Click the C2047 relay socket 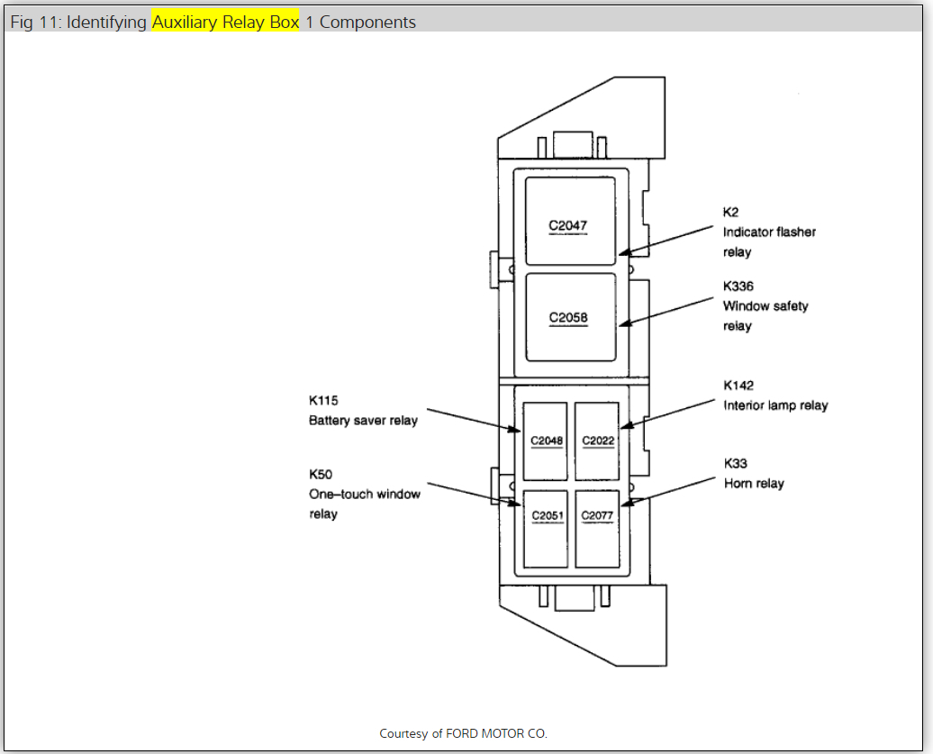[x=570, y=221]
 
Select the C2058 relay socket [x=570, y=317]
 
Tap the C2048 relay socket [x=546, y=441]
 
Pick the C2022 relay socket [x=597, y=441]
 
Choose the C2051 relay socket [x=546, y=528]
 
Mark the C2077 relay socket [x=597, y=528]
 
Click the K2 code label [x=730, y=212]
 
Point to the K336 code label [x=738, y=286]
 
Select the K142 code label [x=738, y=386]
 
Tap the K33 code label [x=735, y=463]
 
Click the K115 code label [x=323, y=400]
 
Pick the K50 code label [x=320, y=474]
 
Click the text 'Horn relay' [x=754, y=484]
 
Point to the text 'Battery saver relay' [x=363, y=421]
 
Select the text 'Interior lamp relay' [x=775, y=405]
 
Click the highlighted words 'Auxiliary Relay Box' [x=225, y=22]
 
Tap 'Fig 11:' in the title [x=36, y=22]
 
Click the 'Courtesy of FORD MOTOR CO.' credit [x=463, y=733]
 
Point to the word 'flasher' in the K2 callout [x=795, y=232]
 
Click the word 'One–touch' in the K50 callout [x=339, y=494]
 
